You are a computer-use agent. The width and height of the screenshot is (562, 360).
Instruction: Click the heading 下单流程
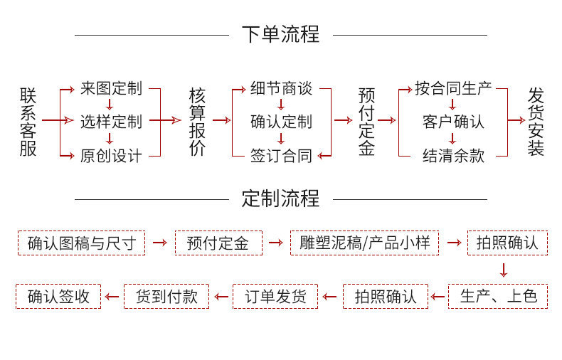(280, 33)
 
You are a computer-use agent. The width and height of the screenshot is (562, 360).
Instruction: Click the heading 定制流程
(280, 198)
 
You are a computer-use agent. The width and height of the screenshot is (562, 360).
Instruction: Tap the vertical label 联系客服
(28, 121)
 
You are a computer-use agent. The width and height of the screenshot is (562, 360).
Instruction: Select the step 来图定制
(111, 89)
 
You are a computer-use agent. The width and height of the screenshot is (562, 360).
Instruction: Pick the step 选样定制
(111, 122)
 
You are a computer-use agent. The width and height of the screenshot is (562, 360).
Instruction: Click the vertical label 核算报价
(197, 121)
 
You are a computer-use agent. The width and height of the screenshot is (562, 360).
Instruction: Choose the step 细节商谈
(281, 89)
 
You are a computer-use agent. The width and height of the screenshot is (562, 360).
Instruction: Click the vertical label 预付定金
(366, 121)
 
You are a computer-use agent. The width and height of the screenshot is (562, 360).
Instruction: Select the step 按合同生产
(453, 89)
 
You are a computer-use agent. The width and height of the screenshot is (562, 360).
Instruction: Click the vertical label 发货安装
(536, 121)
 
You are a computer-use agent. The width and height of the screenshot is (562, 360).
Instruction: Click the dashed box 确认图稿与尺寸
(81, 243)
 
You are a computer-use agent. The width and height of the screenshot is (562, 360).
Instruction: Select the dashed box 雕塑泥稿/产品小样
(364, 243)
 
